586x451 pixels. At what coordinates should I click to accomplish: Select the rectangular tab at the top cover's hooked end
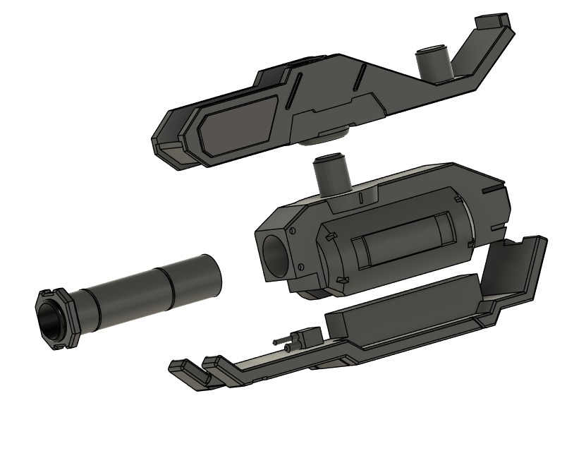(493, 21)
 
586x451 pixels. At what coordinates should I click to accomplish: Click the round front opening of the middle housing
(276, 254)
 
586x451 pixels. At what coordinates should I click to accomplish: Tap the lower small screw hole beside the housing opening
(302, 267)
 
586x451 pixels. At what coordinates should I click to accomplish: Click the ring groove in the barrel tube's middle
(170, 289)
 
